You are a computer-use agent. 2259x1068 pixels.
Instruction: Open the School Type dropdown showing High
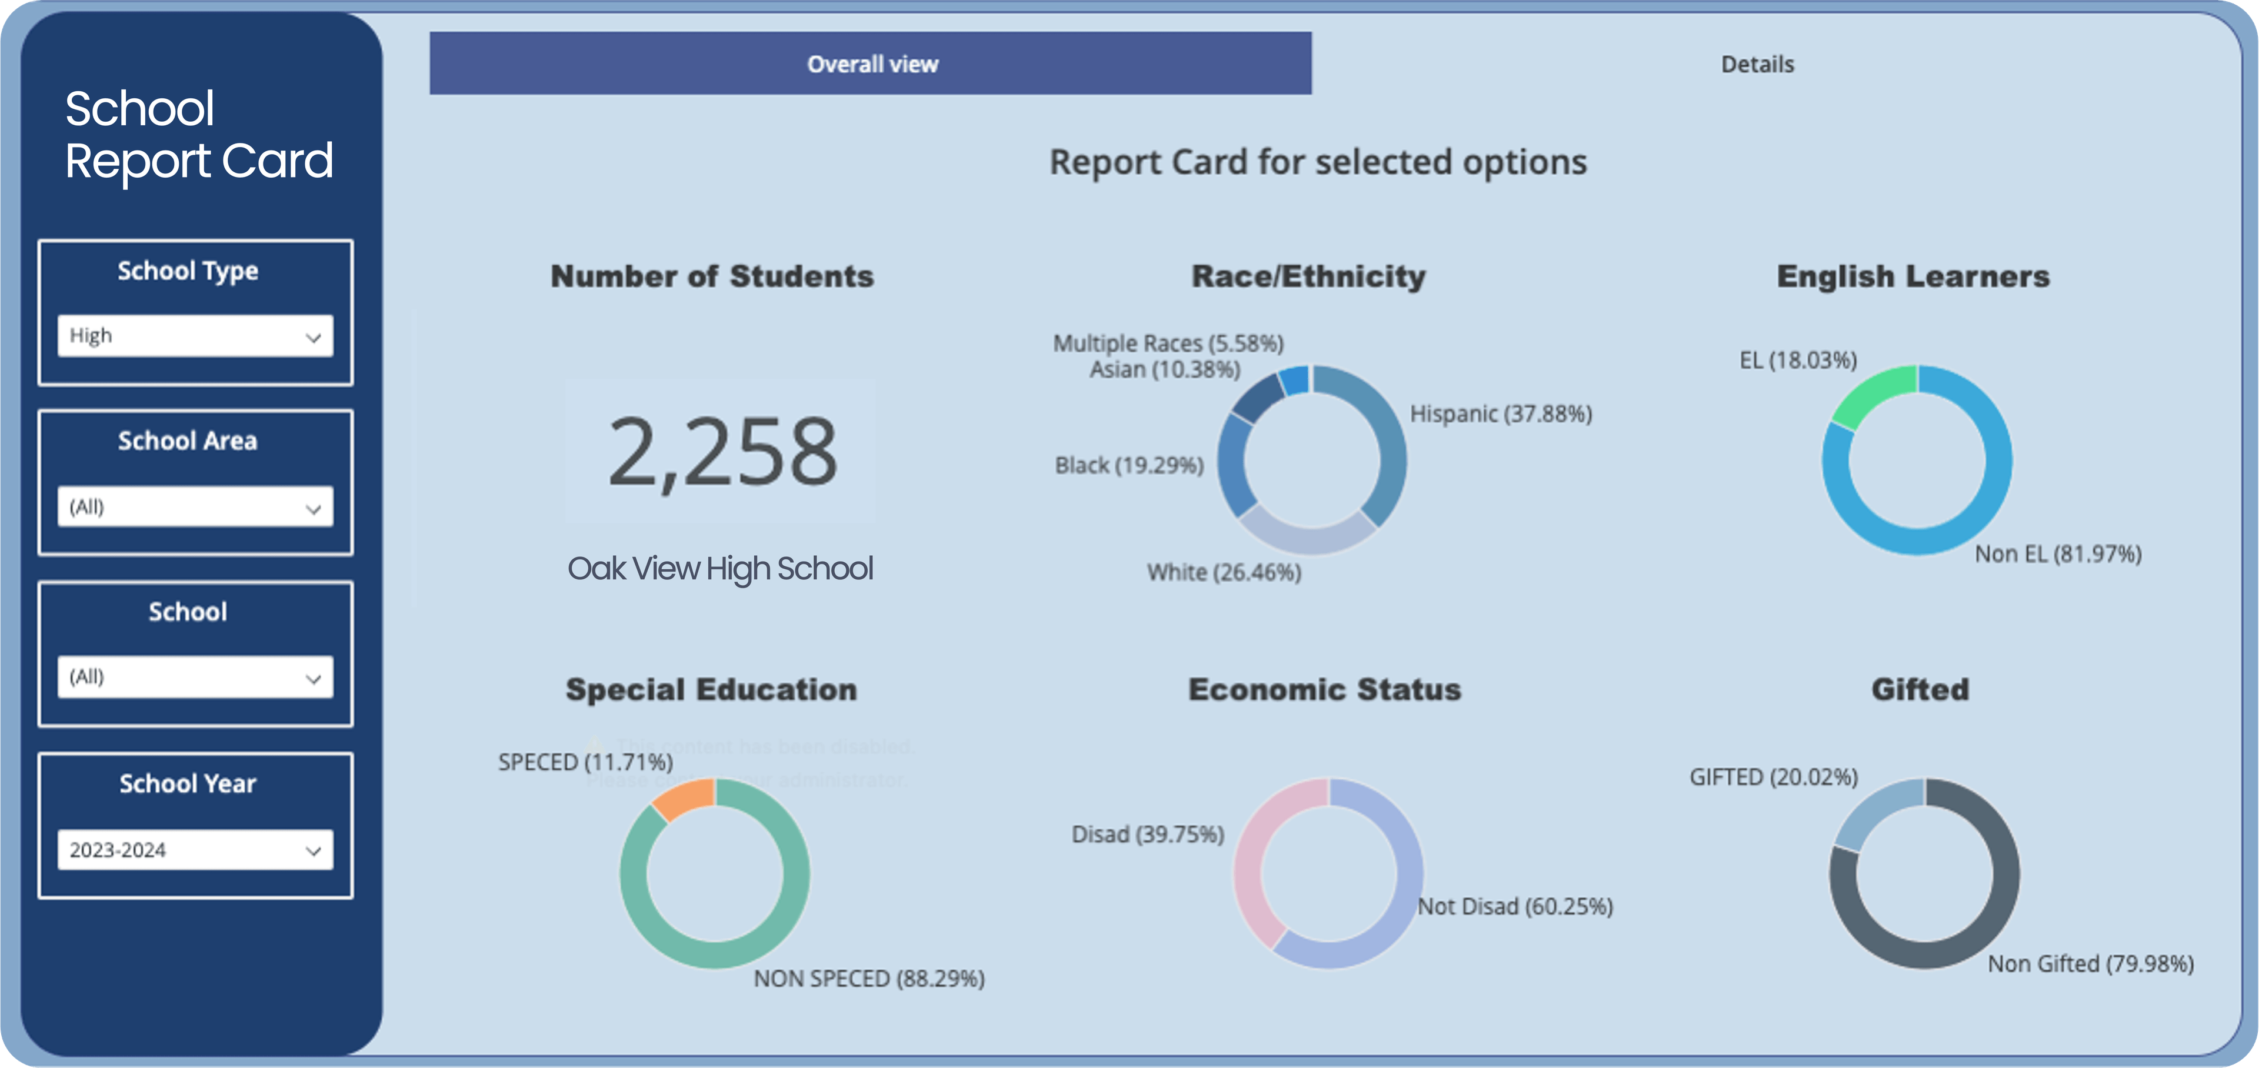pos(195,336)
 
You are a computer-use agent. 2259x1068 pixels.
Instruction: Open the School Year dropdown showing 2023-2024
pos(195,850)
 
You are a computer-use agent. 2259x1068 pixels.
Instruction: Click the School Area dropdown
pos(195,507)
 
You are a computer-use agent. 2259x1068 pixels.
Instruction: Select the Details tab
pos(1757,64)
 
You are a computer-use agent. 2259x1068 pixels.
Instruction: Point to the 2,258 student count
pos(722,452)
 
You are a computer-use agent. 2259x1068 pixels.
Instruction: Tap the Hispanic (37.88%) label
pos(1501,414)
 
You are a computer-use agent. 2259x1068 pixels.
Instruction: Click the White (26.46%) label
pos(1224,573)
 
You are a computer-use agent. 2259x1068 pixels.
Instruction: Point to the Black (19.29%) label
pos(1129,466)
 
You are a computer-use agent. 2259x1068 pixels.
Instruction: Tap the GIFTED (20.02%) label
pos(1773,777)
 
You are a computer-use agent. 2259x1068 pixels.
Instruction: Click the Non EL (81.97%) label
pos(2057,554)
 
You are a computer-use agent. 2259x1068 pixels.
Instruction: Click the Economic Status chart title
pos(1324,690)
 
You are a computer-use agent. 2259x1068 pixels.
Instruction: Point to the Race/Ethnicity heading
pos(1308,277)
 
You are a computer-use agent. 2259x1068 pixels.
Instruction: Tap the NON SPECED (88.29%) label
pos(869,979)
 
